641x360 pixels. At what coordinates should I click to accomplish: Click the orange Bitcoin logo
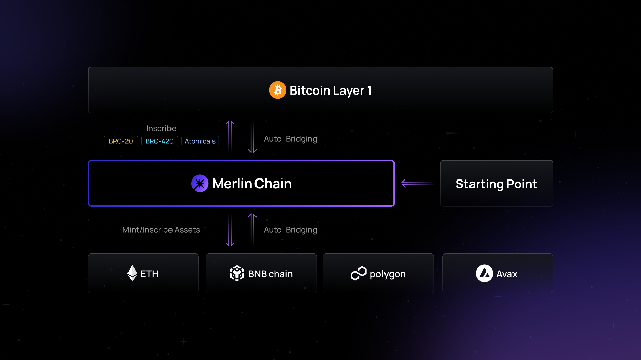pos(277,90)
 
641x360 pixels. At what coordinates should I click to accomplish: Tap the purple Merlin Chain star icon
pos(200,183)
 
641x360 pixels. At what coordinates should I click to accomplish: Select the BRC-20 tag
pos(121,141)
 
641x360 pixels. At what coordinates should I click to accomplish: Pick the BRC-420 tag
pos(159,141)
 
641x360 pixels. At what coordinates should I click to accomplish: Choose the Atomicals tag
pos(200,141)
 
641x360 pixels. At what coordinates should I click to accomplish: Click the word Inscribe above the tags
pos(161,129)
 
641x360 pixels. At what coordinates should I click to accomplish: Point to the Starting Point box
pos(496,184)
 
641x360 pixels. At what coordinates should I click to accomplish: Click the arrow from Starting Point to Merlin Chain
pos(417,183)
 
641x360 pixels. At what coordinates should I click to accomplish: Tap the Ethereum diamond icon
pos(132,274)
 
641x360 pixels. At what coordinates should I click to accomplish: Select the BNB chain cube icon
pos(237,274)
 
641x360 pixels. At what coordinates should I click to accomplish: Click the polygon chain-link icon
pos(358,274)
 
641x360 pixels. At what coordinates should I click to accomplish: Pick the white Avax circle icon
pos(484,274)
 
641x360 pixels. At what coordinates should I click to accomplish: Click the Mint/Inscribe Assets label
pos(161,230)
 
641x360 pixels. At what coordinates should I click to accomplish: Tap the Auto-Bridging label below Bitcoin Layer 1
pos(290,139)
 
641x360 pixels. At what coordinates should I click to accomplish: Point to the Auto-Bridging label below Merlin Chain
pos(290,230)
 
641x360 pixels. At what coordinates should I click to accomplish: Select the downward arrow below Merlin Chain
pos(230,231)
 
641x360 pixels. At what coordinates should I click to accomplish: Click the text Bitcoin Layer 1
pos(330,91)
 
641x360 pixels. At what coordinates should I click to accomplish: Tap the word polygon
pos(388,274)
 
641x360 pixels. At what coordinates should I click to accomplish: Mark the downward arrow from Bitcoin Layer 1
pos(252,137)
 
